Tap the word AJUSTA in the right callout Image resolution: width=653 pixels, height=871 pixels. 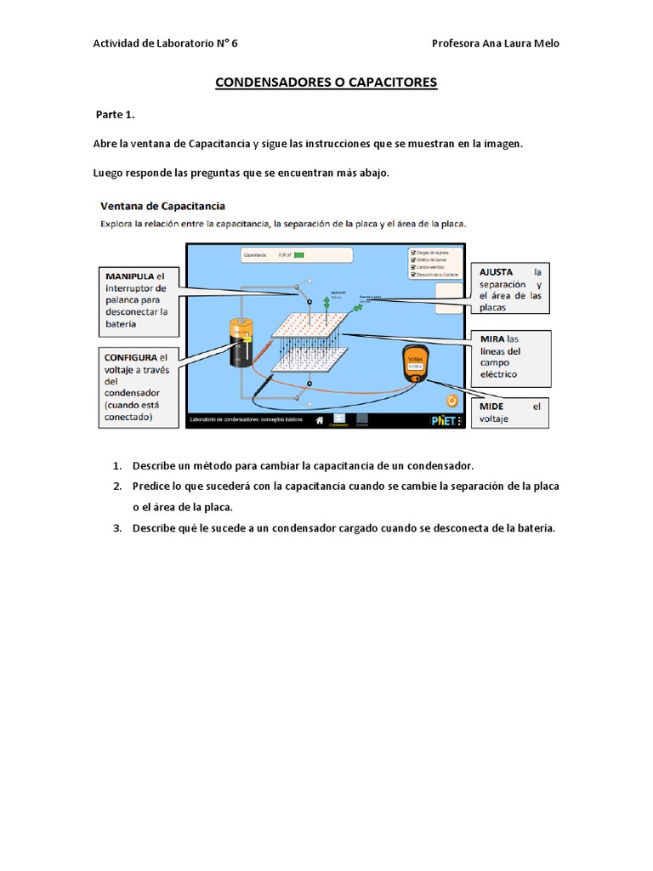click(497, 271)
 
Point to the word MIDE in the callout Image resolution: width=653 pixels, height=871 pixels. click(492, 407)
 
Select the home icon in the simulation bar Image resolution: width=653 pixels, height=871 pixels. click(320, 419)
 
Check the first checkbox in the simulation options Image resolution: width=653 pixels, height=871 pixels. click(412, 253)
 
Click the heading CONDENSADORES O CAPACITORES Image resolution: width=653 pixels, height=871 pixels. click(326, 83)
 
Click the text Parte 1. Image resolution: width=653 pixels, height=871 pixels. click(115, 114)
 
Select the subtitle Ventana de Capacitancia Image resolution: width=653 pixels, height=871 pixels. click(162, 206)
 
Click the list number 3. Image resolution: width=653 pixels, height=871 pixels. click(116, 528)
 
